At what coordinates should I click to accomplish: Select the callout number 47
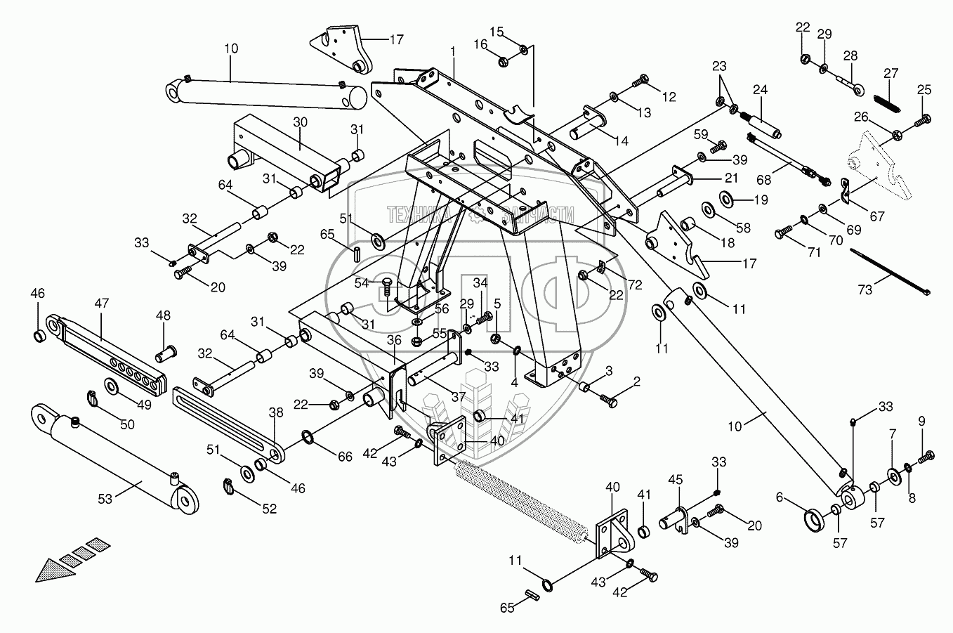point(102,303)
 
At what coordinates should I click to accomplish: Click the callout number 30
point(301,122)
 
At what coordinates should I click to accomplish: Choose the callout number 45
point(674,480)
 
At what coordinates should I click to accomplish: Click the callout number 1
point(454,51)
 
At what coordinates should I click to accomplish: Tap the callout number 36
point(393,340)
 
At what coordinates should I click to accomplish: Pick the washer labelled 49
point(111,386)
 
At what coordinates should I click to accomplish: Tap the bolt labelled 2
point(607,400)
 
